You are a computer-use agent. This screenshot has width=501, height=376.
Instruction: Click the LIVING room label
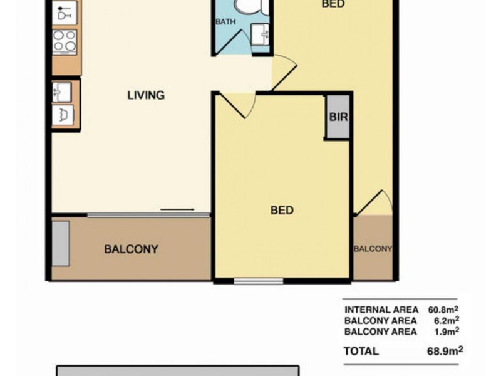[146, 95]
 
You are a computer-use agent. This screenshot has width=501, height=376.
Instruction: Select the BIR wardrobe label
[338, 117]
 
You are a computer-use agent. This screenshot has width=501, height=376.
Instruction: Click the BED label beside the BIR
[282, 210]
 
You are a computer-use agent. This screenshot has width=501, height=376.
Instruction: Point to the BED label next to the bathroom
[333, 4]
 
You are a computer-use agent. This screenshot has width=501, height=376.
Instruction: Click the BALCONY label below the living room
[131, 249]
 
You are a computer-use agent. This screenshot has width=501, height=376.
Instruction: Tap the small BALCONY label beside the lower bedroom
[373, 249]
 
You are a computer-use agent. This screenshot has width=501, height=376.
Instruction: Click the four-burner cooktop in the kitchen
[65, 41]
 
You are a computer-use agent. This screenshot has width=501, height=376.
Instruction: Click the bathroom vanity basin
[260, 34]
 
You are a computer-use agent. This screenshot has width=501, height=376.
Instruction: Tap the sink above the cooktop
[65, 13]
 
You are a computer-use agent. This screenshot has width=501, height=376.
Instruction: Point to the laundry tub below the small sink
[64, 115]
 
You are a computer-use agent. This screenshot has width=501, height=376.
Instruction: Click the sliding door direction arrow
[177, 210]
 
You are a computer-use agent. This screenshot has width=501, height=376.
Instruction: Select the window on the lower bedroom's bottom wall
[259, 281]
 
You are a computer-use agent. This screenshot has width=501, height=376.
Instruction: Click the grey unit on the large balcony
[61, 243]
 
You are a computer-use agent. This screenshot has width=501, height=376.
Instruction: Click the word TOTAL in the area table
[361, 351]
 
